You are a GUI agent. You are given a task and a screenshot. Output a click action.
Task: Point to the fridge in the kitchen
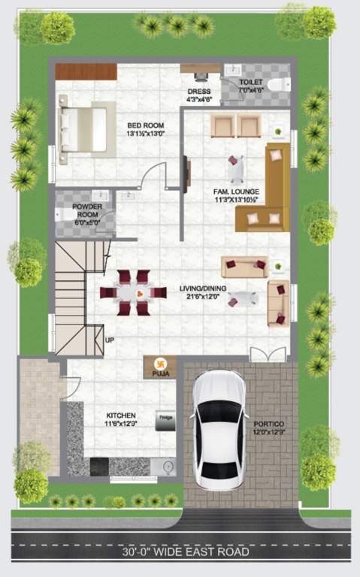[165, 421]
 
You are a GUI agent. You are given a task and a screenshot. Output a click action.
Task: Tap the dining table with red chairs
[134, 292]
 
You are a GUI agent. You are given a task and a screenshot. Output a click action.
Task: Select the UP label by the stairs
[110, 340]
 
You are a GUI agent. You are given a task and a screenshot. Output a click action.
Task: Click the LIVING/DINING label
[204, 292]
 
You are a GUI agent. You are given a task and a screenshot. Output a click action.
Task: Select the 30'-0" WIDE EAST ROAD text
[186, 552]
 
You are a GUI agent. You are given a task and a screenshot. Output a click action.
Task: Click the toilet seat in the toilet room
[280, 83]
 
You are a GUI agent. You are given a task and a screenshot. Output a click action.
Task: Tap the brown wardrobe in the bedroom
[86, 71]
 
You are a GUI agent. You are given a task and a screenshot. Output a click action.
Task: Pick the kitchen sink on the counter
[168, 467]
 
